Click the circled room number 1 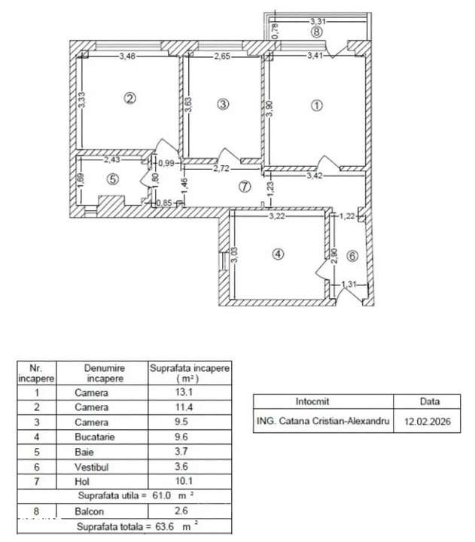click(x=317, y=106)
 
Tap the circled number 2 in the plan click(x=130, y=98)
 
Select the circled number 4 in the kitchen click(x=279, y=254)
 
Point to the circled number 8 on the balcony click(x=317, y=32)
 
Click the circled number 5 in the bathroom click(x=113, y=179)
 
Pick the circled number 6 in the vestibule click(x=352, y=255)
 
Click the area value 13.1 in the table click(x=190, y=392)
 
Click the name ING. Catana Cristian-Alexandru click(x=324, y=423)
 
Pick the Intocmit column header click(x=324, y=402)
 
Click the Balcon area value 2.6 click(x=190, y=511)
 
